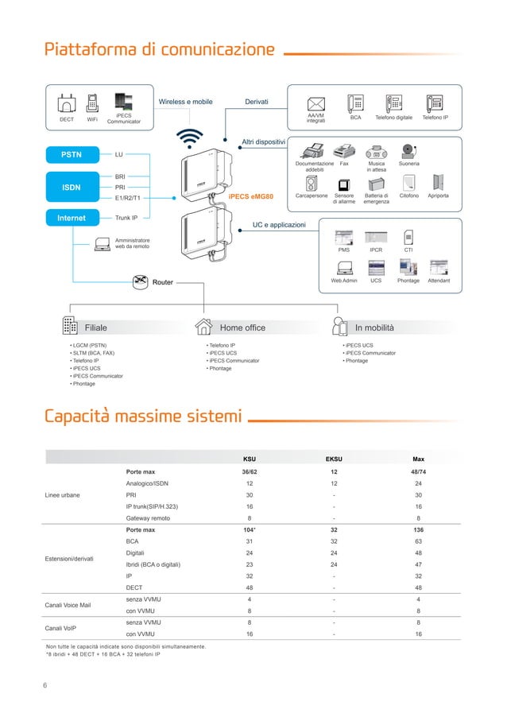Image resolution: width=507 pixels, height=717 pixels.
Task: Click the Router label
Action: tap(162, 282)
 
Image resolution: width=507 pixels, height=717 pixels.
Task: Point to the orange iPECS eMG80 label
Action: tap(250, 196)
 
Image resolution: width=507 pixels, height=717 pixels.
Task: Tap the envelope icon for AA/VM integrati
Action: tap(316, 103)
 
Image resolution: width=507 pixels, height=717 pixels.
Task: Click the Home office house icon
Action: tap(204, 327)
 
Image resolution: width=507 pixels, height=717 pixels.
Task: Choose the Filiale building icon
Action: tap(69, 327)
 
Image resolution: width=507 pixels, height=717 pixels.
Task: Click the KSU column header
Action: tap(250, 459)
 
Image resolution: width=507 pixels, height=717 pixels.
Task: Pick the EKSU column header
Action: tap(335, 459)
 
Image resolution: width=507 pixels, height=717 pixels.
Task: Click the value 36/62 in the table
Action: tap(250, 471)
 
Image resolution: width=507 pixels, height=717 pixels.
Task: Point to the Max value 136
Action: tap(418, 529)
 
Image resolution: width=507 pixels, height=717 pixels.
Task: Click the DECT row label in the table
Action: tap(134, 587)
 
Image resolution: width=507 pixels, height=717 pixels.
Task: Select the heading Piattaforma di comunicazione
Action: tap(160, 50)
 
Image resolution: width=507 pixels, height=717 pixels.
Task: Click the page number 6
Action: tap(45, 684)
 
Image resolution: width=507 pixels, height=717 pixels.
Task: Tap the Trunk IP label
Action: tap(126, 217)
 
